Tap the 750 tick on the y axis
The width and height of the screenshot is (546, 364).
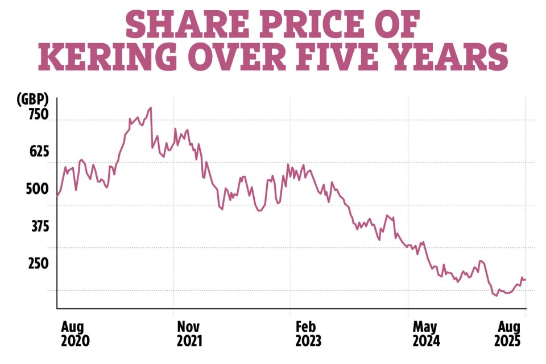tap(37, 114)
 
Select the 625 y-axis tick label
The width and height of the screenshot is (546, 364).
tap(37, 152)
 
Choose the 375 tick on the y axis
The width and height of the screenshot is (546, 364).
tap(37, 226)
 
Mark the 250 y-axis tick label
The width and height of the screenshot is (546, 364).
tap(37, 264)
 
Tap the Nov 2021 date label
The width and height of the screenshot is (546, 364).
tap(189, 333)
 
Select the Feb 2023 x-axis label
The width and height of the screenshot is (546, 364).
tap(308, 333)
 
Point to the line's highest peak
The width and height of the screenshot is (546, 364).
tap(151, 107)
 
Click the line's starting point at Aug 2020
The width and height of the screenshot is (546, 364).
tap(57, 196)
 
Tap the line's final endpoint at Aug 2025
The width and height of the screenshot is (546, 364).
tap(526, 280)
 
